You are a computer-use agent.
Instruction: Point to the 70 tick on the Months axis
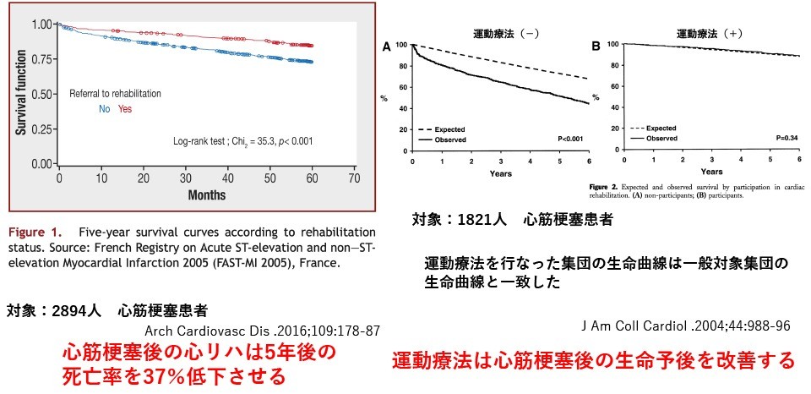click(354, 179)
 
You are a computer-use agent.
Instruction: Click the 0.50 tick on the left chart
click(37, 93)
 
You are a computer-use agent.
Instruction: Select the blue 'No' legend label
click(105, 109)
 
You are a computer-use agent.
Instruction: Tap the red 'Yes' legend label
click(125, 109)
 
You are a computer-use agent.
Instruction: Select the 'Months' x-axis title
click(206, 195)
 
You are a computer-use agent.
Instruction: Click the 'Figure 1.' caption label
click(38, 232)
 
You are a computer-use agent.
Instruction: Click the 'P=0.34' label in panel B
click(781, 138)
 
